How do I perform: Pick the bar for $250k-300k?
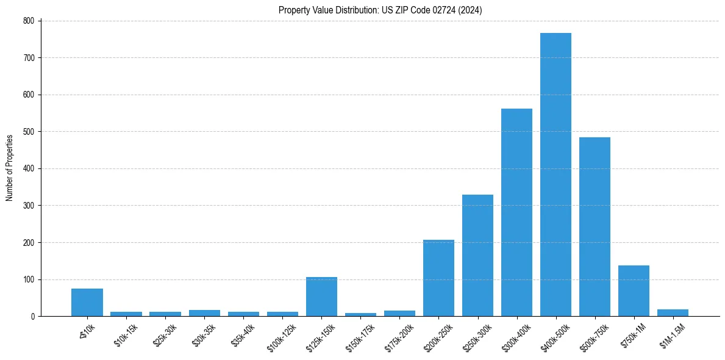(477, 256)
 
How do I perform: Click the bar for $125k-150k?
(321, 297)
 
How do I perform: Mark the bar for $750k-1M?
(634, 291)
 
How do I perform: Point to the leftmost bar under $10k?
(87, 303)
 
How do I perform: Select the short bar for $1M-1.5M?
(673, 313)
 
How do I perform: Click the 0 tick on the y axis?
(35, 317)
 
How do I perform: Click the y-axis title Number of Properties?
(9, 168)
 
